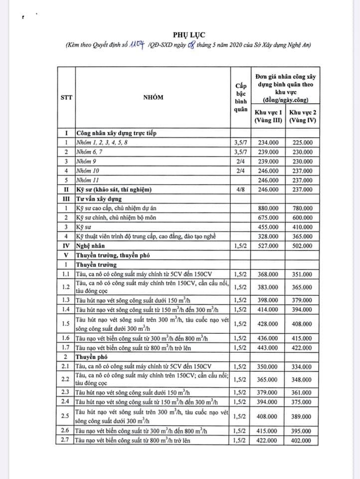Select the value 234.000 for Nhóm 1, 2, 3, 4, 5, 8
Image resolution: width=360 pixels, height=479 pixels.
coord(268,143)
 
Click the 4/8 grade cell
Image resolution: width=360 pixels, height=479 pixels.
coord(241,190)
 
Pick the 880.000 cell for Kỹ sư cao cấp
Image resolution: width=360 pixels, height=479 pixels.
coord(268,208)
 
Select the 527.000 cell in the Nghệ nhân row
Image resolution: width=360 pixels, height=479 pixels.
coord(268,246)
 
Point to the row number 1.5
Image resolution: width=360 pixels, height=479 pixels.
coord(66,324)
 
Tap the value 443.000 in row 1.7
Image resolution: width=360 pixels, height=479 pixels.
coord(268,348)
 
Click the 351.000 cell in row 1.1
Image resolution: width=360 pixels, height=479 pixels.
coord(303,274)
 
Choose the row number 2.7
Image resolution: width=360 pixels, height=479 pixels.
coord(66,441)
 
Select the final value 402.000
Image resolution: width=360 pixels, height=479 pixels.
coord(303,441)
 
